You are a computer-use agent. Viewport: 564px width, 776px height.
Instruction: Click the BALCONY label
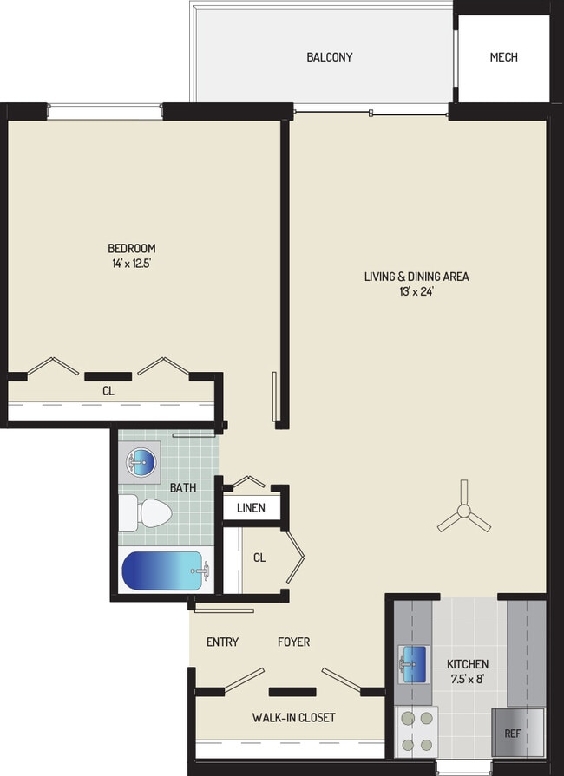330,57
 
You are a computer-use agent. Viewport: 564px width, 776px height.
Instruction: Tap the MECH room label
503,57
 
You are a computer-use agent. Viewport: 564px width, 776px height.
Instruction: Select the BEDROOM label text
132,248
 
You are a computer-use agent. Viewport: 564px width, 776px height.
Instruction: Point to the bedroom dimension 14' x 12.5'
132,264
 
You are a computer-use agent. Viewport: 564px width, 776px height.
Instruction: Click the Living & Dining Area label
416,277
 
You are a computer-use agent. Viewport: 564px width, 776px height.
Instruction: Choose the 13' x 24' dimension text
416,292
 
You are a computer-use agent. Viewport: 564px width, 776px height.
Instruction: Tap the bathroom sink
142,461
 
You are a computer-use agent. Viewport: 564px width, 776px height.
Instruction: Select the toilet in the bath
144,513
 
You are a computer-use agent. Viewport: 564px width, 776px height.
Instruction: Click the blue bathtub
164,571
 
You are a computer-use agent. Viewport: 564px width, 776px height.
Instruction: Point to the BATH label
182,488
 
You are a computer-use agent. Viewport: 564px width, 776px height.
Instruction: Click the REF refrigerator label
513,734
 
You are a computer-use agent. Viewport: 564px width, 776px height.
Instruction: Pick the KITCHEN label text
468,664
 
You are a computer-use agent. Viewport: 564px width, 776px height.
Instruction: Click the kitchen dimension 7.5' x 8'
468,680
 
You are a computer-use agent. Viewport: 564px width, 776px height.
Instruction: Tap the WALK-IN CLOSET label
293,718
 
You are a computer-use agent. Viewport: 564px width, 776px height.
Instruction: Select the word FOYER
293,642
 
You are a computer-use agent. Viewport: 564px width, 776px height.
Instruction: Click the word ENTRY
222,642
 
